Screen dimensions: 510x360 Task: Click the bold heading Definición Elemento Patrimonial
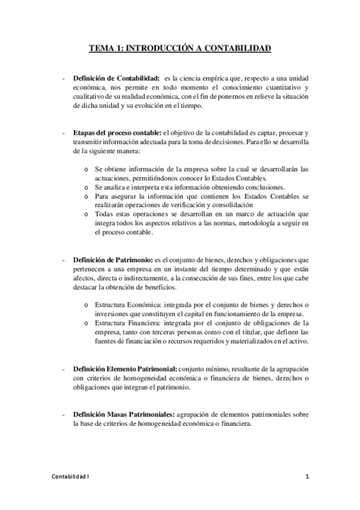124,367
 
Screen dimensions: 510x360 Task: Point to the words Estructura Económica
125,305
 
